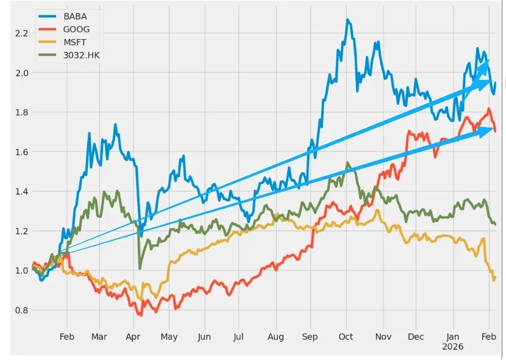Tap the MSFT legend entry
pyautogui.click(x=76, y=42)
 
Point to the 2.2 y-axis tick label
pyautogui.click(x=21, y=33)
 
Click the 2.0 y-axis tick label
pyautogui.click(x=21, y=73)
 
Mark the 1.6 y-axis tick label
pyautogui.click(x=21, y=152)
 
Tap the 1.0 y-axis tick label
pyautogui.click(x=21, y=270)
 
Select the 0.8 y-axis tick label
pyautogui.click(x=21, y=310)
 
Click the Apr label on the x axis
pyautogui.click(x=134, y=336)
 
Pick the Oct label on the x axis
pyautogui.click(x=346, y=336)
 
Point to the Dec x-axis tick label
pyautogui.click(x=416, y=336)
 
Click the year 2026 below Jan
pyautogui.click(x=454, y=346)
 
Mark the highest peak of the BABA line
pyautogui.click(x=347, y=20)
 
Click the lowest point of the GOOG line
pyautogui.click(x=141, y=315)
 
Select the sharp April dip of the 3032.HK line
pyautogui.click(x=140, y=268)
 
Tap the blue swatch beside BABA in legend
pyautogui.click(x=48, y=16)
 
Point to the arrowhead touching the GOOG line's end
pyautogui.click(x=490, y=129)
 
